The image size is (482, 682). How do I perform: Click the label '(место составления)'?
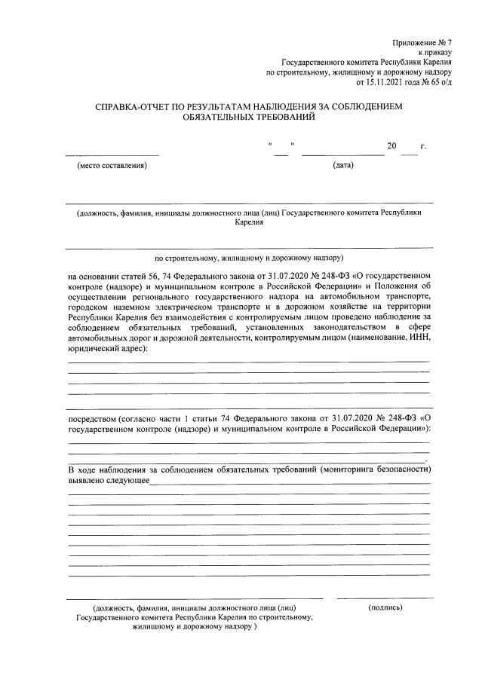coord(112,166)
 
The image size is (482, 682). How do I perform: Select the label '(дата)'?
coord(343,166)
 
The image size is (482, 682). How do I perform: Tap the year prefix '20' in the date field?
coord(391,146)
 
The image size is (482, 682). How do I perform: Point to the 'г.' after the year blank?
coord(424,146)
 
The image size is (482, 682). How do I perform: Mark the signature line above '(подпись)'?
coord(385,598)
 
